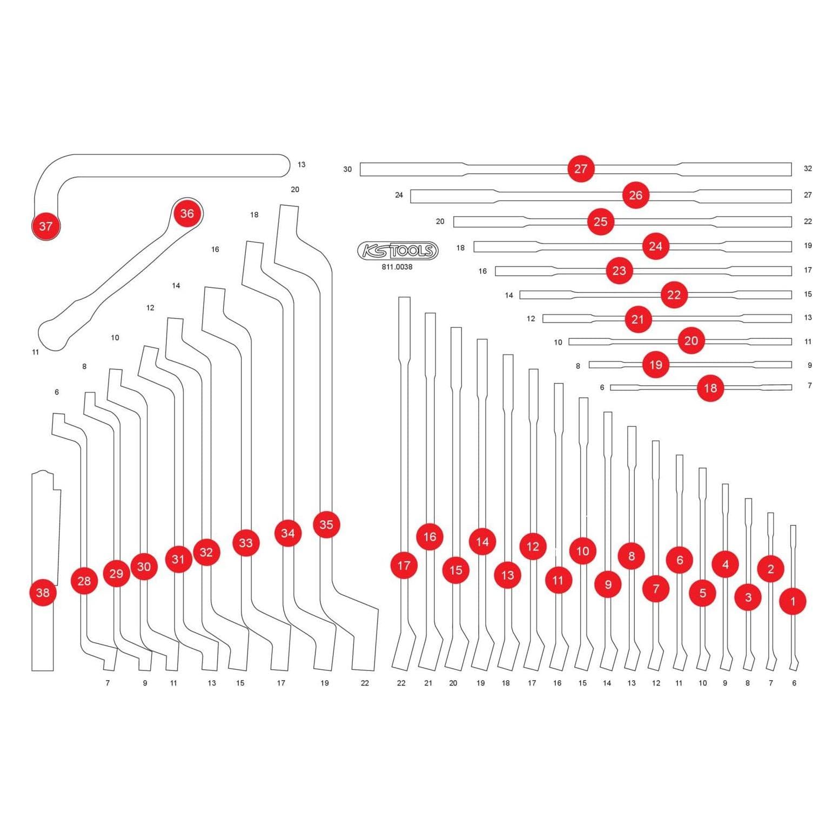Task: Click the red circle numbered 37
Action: (46, 226)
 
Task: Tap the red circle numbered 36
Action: (187, 213)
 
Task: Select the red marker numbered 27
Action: (581, 169)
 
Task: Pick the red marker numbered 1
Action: (793, 601)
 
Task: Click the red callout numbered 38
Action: (43, 593)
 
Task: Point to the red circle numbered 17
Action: (404, 566)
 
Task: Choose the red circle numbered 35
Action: (326, 525)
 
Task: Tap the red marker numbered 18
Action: (710, 388)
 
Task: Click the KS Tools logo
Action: (398, 251)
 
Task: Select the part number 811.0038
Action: (397, 267)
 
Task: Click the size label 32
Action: (808, 169)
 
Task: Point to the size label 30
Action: (347, 169)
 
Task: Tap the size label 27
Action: (808, 195)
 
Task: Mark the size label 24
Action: (399, 195)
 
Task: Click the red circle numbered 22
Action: (674, 295)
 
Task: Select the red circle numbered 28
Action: (84, 581)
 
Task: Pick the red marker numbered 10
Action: (582, 551)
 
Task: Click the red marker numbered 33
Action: (246, 542)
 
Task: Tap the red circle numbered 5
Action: (703, 593)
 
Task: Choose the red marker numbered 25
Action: (600, 221)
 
